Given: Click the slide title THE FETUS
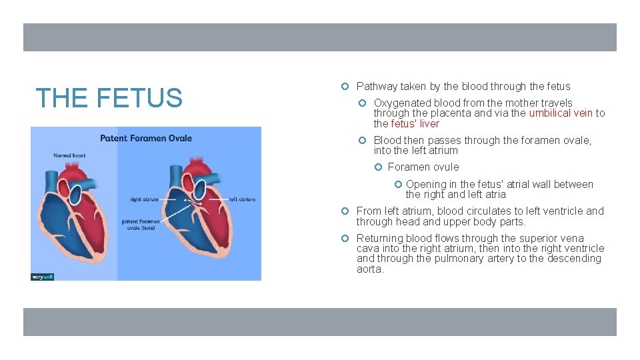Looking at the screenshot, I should [x=109, y=98].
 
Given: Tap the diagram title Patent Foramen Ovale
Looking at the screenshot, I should [x=145, y=139].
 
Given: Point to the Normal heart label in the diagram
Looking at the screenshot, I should [x=69, y=155].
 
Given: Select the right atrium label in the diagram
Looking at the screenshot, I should [x=144, y=199].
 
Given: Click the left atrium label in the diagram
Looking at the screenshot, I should [x=242, y=199].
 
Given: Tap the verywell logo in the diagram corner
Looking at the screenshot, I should [x=42, y=276].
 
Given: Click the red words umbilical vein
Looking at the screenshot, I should [x=560, y=113].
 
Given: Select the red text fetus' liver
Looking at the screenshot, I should [x=415, y=124].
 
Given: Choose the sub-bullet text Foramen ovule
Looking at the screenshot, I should [x=423, y=167].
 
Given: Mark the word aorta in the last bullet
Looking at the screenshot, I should [x=369, y=269].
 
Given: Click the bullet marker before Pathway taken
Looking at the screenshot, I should [x=345, y=87].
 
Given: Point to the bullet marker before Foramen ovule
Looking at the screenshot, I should [x=377, y=167].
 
